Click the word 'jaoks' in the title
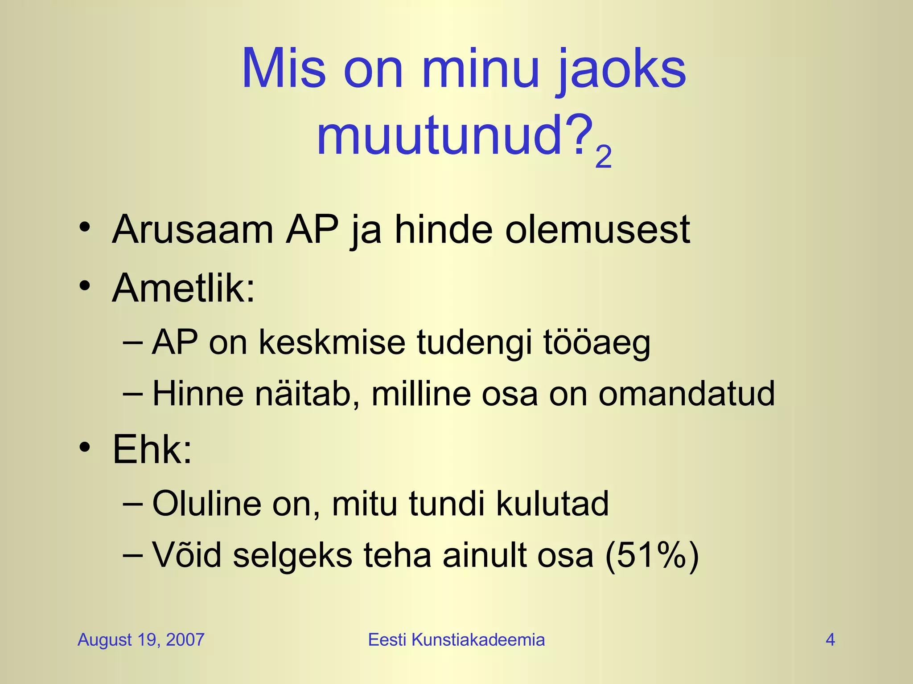click(621, 71)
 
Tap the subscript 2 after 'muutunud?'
click(603, 157)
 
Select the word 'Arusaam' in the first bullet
click(193, 230)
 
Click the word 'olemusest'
click(597, 230)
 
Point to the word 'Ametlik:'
click(184, 288)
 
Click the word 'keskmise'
click(332, 342)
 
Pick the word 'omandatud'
click(687, 394)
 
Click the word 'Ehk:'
click(152, 449)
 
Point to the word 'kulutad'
click(552, 504)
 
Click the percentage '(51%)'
click(652, 556)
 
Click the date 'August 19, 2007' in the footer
click(141, 640)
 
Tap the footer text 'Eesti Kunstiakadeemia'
click(456, 640)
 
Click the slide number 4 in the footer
click(830, 640)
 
